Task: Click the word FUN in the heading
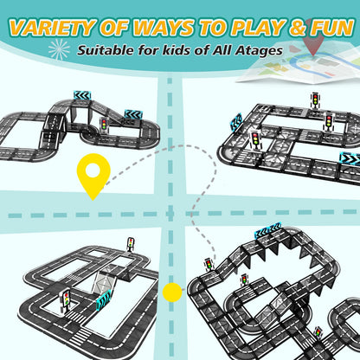(x=332, y=28)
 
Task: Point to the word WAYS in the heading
(x=163, y=28)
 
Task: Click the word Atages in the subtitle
(x=258, y=51)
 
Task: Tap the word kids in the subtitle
(x=175, y=50)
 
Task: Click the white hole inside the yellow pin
(x=93, y=170)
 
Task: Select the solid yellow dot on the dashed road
(x=172, y=292)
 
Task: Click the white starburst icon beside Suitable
(x=59, y=49)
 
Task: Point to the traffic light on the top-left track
(x=104, y=125)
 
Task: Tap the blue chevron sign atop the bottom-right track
(x=267, y=230)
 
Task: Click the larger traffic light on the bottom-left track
(x=66, y=300)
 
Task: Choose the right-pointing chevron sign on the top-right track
(x=350, y=157)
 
